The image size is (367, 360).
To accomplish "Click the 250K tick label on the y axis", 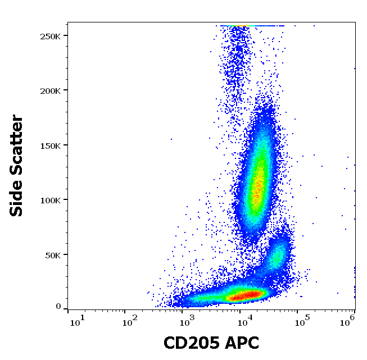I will tap(50, 36).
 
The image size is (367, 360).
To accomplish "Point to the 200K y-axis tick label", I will tap(50, 90).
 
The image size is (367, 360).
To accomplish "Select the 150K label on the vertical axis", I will tap(50, 145).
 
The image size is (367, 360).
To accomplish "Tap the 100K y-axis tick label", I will tap(50, 200).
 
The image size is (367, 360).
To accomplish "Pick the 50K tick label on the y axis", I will tap(52, 255).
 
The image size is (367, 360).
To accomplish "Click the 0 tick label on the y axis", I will tap(58, 307).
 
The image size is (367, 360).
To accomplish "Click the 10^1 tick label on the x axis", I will tap(76, 321).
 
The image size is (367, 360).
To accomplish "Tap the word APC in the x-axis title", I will tap(243, 343).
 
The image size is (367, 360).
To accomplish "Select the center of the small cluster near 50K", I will tap(278, 256).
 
